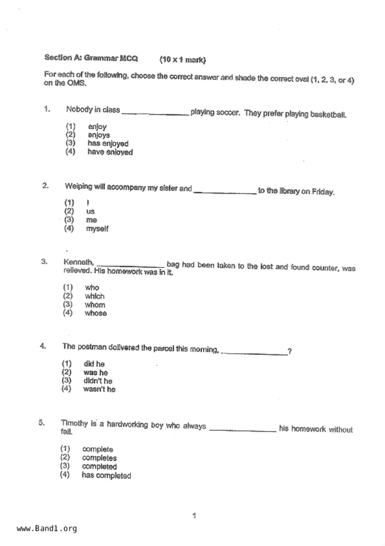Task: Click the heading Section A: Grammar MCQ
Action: point(91,58)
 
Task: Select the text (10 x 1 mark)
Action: point(183,60)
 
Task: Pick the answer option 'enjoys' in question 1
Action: point(99,135)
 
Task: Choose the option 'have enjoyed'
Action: point(110,152)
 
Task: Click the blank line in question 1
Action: point(155,113)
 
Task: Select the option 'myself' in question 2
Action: point(97,229)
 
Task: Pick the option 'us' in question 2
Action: point(90,212)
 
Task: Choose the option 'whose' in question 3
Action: point(96,313)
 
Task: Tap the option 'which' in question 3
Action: point(95,296)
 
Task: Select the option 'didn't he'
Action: point(98,381)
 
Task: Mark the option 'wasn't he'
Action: point(99,389)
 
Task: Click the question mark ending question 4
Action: point(290,352)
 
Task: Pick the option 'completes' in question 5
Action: point(99,458)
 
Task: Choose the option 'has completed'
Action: point(106,476)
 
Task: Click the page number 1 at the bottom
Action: point(194,516)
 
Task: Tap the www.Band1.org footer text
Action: point(47,529)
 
